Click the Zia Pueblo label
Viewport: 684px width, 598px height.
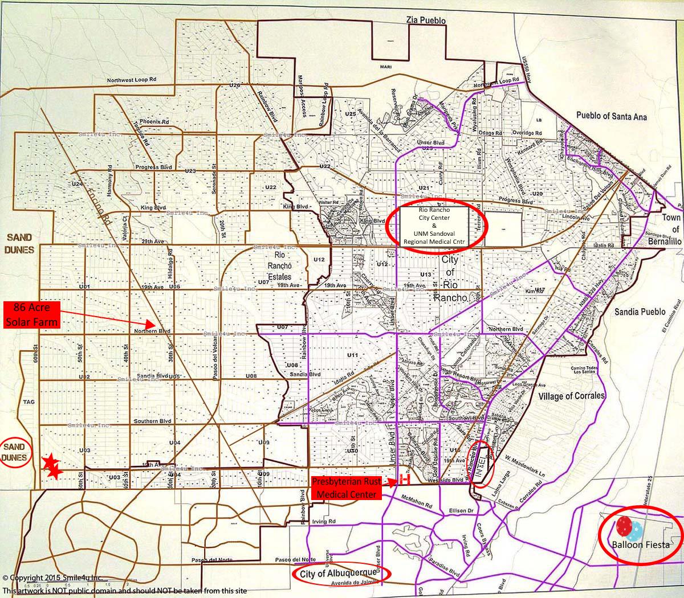tap(425, 21)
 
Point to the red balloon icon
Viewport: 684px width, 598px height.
tap(623, 526)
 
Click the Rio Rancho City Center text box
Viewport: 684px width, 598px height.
tap(434, 226)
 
